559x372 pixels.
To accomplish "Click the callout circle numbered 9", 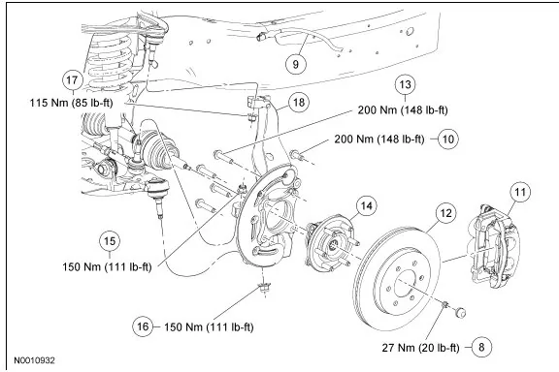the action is click(296, 64).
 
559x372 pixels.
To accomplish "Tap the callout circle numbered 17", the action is click(72, 79).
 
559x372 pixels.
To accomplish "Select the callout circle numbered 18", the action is click(298, 103).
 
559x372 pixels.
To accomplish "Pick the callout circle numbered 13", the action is click(405, 84).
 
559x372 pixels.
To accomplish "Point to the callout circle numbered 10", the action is click(447, 139).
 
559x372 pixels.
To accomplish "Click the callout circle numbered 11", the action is click(520, 192).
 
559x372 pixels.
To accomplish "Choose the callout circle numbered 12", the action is click(445, 213).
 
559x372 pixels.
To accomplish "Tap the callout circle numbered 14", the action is click(366, 205).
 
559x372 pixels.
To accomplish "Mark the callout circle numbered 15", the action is click(110, 241).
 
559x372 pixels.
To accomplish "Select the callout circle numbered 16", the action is click(143, 326).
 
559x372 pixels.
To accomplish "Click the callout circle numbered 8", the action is click(481, 347).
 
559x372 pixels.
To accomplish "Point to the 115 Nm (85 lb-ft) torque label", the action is click(71, 103).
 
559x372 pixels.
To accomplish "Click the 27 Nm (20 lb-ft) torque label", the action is click(420, 348).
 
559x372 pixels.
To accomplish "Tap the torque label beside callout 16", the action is click(209, 326).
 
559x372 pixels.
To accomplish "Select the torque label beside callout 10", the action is click(379, 139).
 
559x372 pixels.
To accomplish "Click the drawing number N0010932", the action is click(35, 360).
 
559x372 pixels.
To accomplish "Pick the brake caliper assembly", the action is click(494, 246).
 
